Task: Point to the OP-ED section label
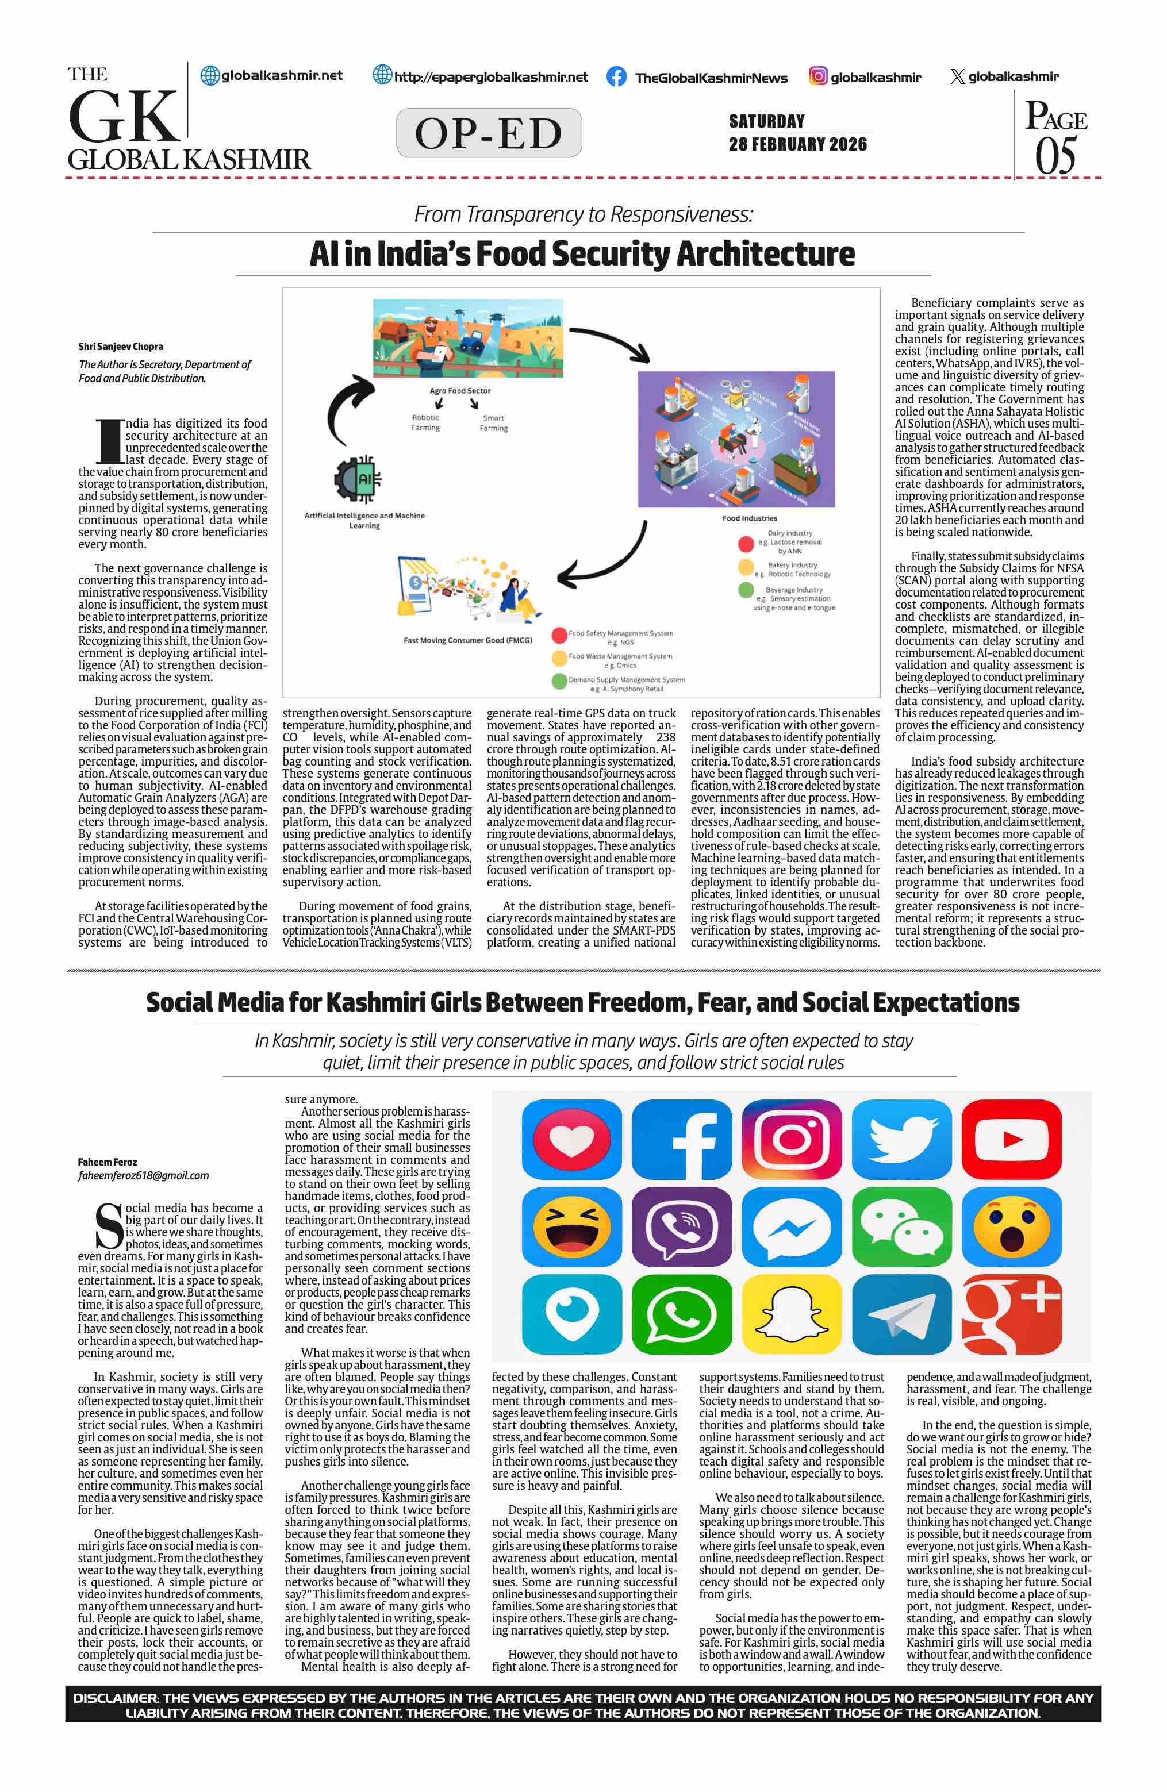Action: [489, 133]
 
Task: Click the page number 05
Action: [1055, 156]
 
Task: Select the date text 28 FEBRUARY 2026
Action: [797, 144]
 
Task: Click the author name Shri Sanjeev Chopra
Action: [121, 347]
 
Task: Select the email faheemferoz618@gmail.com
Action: [143, 1175]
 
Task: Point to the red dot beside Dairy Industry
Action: [746, 543]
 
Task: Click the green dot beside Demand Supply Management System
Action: [559, 680]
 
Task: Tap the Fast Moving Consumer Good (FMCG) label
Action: [467, 640]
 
